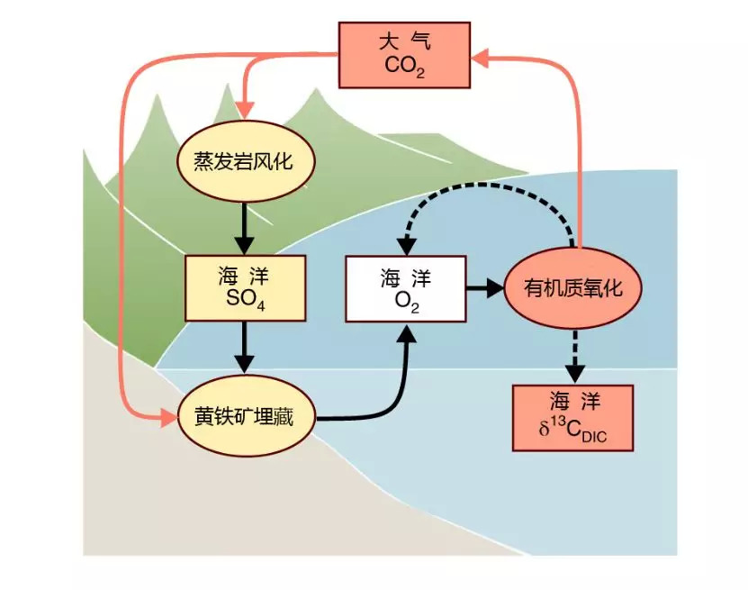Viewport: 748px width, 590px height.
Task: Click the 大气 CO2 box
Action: [x=404, y=55]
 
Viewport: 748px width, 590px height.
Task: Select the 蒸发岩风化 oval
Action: [x=244, y=161]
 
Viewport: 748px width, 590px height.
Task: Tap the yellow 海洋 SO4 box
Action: [x=245, y=288]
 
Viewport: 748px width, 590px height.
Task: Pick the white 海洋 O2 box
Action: [x=406, y=288]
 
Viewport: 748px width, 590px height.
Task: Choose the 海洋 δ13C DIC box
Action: [x=573, y=417]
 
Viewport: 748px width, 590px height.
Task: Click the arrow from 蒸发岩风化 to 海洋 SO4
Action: [x=244, y=230]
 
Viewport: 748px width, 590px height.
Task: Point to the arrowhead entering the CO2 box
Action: [x=481, y=58]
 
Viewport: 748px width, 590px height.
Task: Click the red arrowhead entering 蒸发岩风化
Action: [x=244, y=110]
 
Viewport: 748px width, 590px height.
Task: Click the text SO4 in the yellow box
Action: [x=245, y=300]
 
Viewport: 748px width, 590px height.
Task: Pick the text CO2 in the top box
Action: [x=404, y=66]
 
